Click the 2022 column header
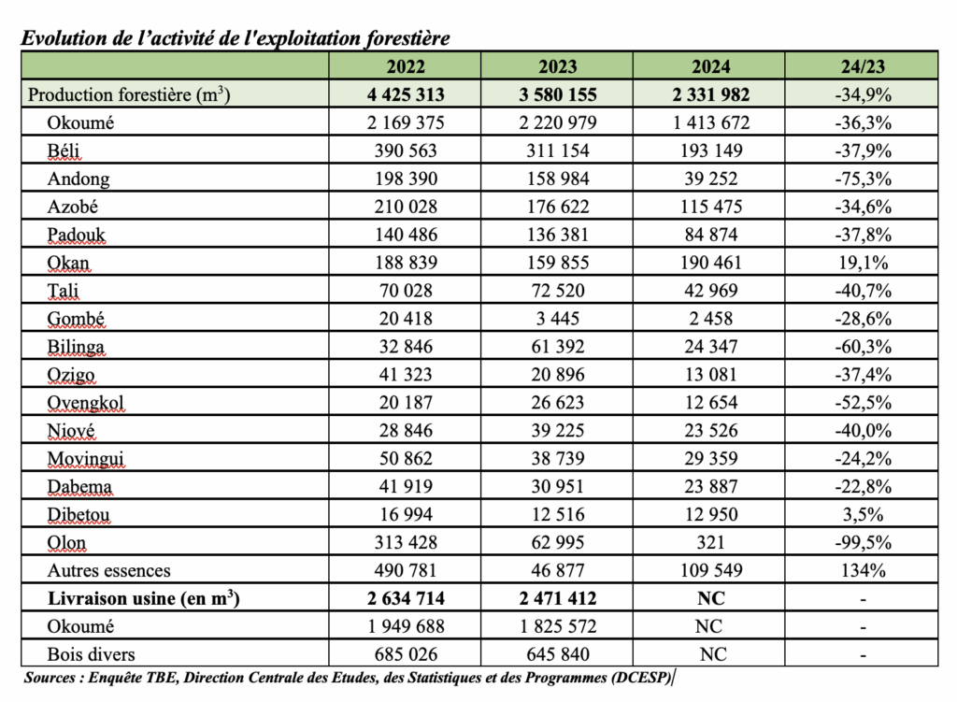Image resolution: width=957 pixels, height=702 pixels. pyautogui.click(x=405, y=66)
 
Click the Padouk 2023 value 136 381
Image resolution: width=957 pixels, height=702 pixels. pyautogui.click(x=557, y=235)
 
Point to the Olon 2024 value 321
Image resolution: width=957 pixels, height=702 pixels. pyautogui.click(x=709, y=543)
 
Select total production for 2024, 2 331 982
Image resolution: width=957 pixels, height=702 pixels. pyautogui.click(x=709, y=94)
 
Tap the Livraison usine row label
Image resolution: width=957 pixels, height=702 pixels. pyautogui.click(x=133, y=598)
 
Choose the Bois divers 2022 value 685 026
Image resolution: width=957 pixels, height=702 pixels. pyautogui.click(x=405, y=654)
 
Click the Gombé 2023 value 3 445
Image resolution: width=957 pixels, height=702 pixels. pyautogui.click(x=557, y=319)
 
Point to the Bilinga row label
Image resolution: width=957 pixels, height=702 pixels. pyautogui.click(x=77, y=347)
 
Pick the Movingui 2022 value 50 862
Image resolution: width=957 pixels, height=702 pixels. pyautogui.click(x=405, y=459)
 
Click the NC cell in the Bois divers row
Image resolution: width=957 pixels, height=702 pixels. pyautogui.click(x=709, y=654)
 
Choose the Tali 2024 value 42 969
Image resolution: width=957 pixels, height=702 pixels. pyautogui.click(x=709, y=291)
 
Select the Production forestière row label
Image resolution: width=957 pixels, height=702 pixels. pyautogui.click(x=129, y=94)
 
